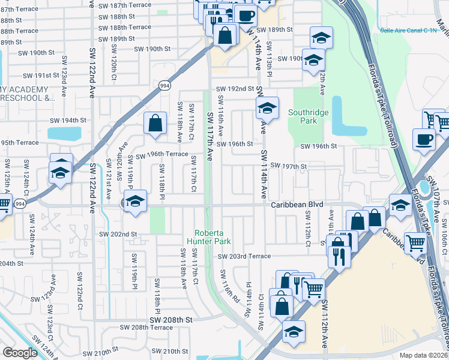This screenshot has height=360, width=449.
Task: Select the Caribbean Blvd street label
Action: tap(293, 205)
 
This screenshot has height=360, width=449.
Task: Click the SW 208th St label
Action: tap(171, 320)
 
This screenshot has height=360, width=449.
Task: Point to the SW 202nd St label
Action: tap(118, 234)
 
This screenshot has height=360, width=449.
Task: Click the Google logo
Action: tap(20, 353)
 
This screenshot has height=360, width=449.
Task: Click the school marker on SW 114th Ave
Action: tap(267, 108)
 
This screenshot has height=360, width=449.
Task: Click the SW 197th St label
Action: tap(289, 166)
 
